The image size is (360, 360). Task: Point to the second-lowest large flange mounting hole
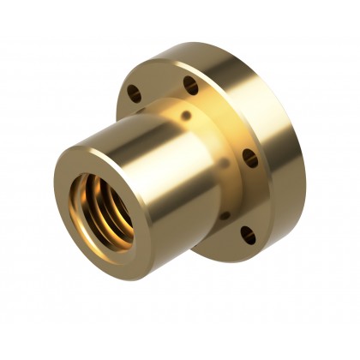[250, 159]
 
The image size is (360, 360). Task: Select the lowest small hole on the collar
[225, 214]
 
